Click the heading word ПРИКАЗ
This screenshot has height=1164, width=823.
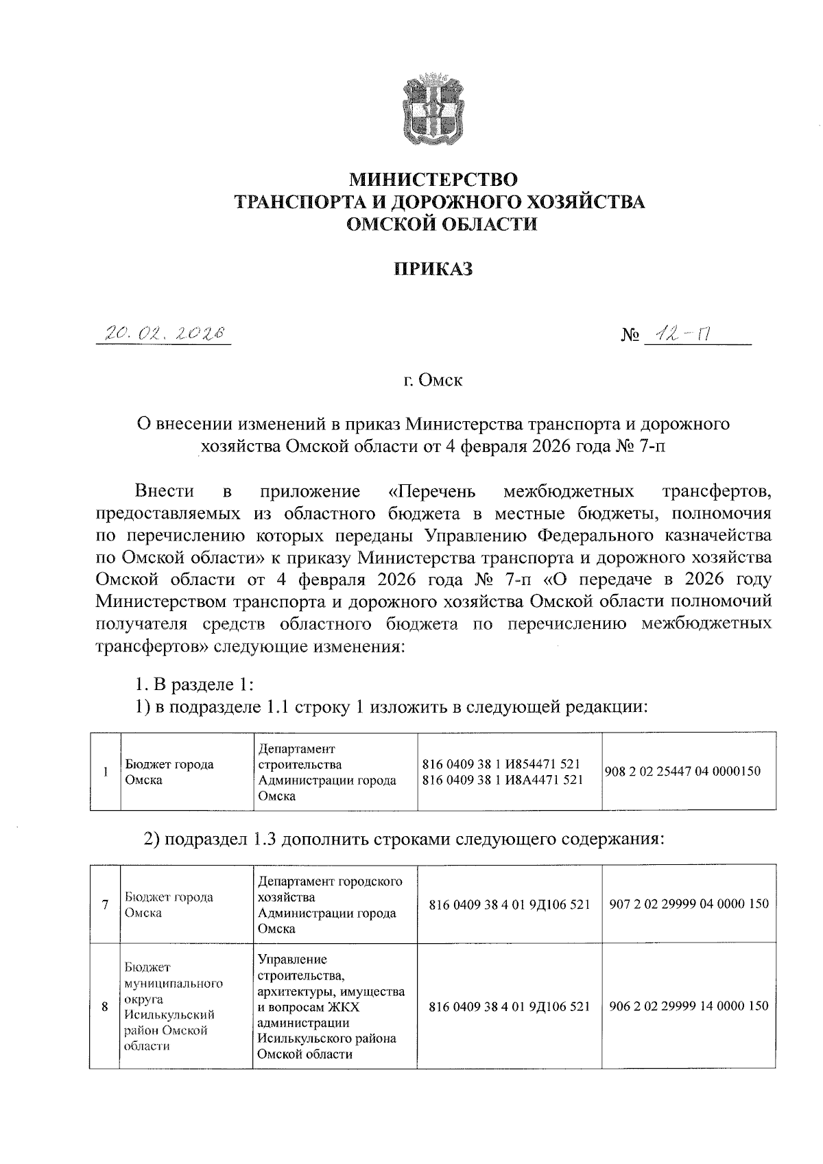click(433, 269)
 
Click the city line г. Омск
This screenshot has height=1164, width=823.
click(433, 380)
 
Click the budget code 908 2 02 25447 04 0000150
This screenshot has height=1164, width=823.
click(682, 771)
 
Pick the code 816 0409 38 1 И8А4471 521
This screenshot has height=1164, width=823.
click(503, 779)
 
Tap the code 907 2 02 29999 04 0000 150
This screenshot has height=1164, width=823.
click(689, 904)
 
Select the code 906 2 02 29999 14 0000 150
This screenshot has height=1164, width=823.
click(689, 1006)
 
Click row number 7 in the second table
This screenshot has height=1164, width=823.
click(104, 905)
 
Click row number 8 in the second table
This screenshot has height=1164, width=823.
click(104, 1007)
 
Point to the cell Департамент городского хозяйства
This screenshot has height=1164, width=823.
click(330, 905)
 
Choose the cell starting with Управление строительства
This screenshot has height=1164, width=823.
click(331, 1006)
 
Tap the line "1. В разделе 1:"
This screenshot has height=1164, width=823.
click(195, 685)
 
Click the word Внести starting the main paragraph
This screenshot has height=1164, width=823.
click(164, 491)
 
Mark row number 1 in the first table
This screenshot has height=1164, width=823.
click(105, 772)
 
